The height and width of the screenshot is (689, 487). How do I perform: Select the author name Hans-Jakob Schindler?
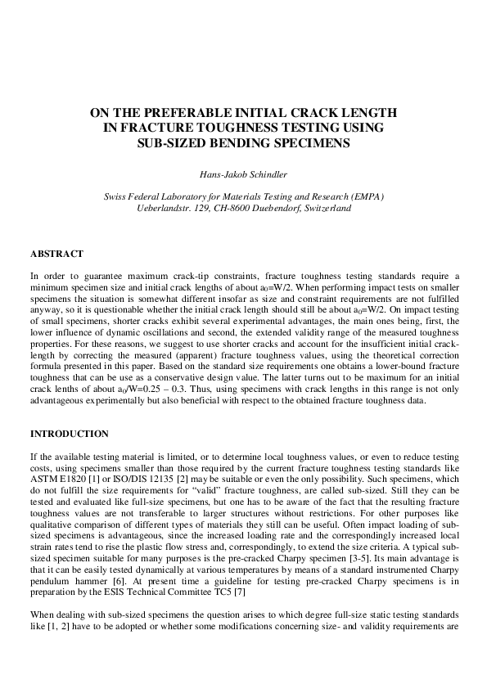pos(243,173)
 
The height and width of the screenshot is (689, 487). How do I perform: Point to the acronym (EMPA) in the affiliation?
pos(362,197)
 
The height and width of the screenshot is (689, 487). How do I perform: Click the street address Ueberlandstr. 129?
pos(169,209)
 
